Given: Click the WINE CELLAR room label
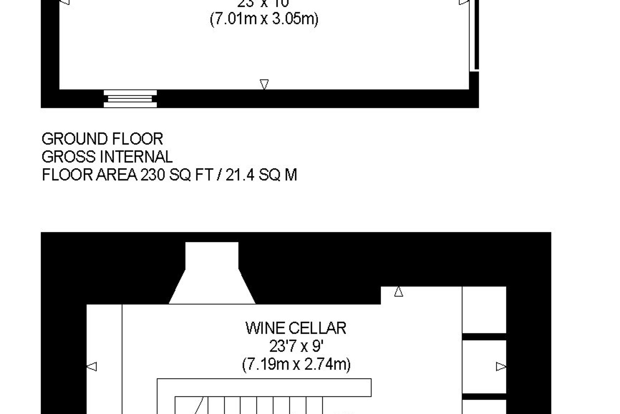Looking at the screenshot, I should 296,328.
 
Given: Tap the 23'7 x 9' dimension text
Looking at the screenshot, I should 296,347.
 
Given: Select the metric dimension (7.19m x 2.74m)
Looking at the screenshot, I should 296,365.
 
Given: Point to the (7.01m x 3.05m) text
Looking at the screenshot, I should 264,19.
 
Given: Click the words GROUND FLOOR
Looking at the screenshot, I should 102,139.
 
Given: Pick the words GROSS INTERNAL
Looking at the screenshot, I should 107,157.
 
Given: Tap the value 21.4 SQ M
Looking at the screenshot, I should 261,175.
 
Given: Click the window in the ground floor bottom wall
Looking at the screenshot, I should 130,99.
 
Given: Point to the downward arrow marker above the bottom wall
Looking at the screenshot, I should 264,84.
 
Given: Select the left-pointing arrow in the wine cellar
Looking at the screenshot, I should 92,366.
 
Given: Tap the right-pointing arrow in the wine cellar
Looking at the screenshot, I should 501,366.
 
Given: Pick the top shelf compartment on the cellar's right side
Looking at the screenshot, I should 484,310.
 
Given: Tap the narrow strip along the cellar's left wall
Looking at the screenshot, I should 104,359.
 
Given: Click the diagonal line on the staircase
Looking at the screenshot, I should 198,406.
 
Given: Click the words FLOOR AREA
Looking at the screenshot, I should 89,175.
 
